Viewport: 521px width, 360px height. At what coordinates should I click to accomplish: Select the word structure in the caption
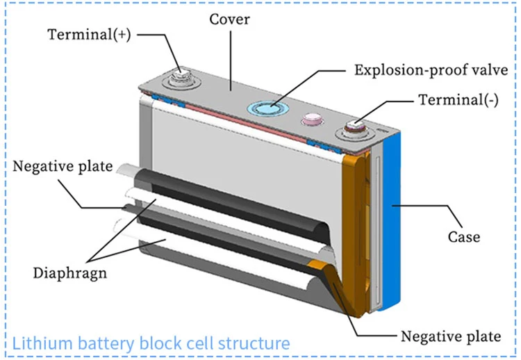pos(251,343)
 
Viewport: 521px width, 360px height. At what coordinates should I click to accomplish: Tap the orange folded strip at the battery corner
pos(358,229)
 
